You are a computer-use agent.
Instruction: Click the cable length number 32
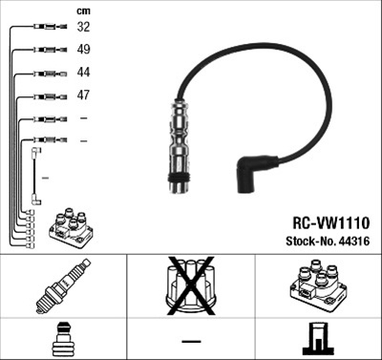tap(83, 27)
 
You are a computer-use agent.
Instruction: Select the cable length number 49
tap(83, 50)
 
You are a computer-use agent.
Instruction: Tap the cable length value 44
tap(83, 73)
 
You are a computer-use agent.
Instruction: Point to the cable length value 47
tap(83, 95)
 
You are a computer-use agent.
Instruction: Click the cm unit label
tap(83, 11)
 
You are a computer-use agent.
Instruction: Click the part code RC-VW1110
tap(331, 222)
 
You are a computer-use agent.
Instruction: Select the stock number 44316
tap(354, 241)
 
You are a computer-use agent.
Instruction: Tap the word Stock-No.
tap(311, 241)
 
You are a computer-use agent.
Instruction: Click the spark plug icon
tap(63, 286)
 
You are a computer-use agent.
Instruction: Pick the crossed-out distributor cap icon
tap(191, 286)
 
